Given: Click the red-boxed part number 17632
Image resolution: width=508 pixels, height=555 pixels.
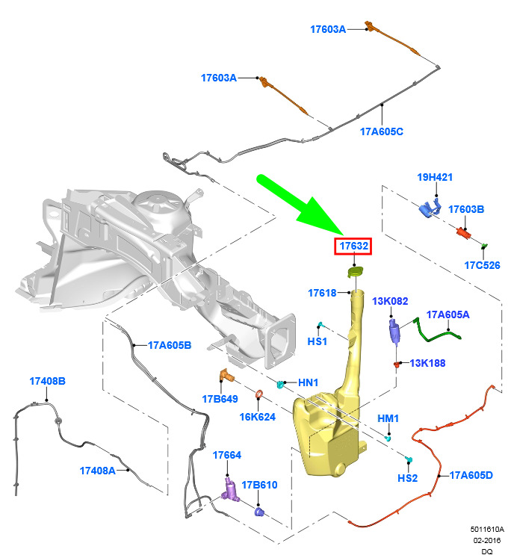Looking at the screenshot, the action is (353, 246).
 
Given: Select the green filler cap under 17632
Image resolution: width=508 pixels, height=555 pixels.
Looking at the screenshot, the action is (355, 272).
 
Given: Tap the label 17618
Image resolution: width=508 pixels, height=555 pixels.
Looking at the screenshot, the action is (322, 293).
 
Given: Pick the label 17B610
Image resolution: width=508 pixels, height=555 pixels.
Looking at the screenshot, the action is (259, 485).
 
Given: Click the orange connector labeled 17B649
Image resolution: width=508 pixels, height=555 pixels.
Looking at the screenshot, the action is (226, 376).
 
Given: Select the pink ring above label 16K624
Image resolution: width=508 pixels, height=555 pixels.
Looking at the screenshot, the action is (259, 394).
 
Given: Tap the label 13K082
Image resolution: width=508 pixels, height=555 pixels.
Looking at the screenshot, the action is (390, 301).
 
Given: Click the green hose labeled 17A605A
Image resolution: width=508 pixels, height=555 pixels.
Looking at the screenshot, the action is (438, 332).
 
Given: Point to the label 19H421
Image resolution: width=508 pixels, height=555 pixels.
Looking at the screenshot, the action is (435, 177).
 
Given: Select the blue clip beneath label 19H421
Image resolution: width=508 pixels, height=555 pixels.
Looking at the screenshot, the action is (430, 208).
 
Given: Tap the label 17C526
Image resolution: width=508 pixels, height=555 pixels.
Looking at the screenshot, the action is (482, 265).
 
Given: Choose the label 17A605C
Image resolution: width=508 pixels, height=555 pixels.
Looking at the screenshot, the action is (381, 131).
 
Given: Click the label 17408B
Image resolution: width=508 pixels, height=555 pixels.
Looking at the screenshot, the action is (47, 381).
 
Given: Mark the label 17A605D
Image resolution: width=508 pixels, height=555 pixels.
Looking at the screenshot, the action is (471, 475).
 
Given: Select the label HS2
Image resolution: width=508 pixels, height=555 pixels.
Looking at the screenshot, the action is (407, 478).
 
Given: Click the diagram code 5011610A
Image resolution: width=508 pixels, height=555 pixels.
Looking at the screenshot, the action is (487, 529).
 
